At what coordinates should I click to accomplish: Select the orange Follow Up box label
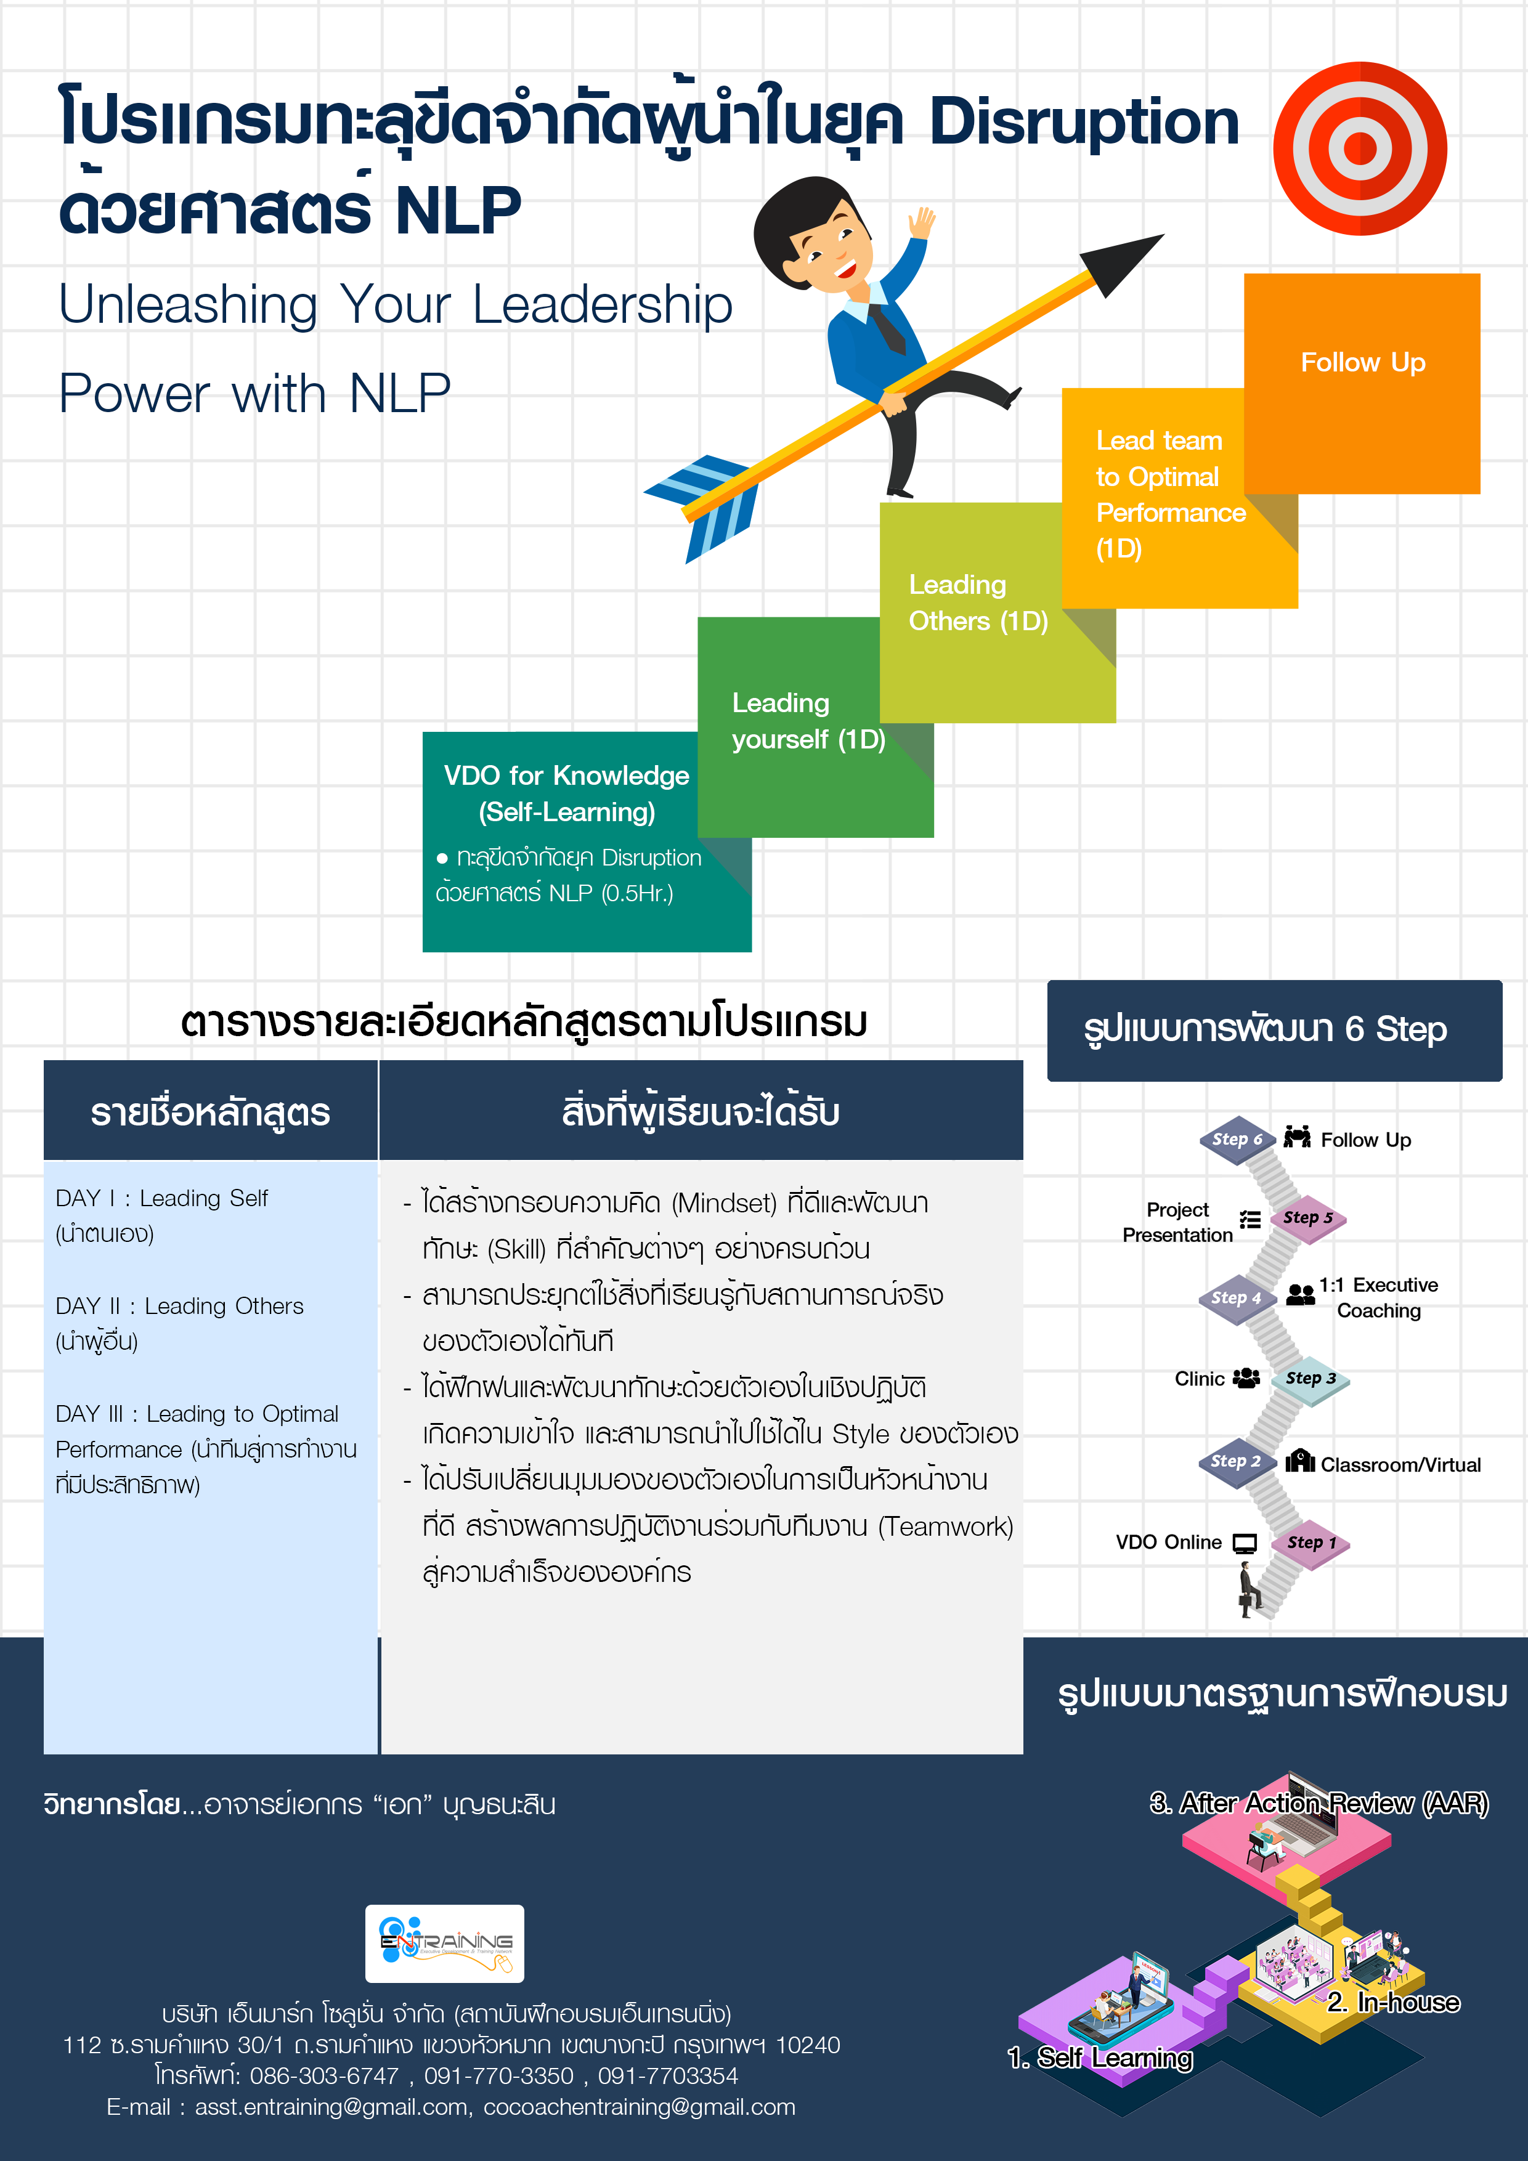pos(1362,362)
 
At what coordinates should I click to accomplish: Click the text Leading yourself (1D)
pos(808,721)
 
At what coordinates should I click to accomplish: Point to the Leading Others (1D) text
pos(977,602)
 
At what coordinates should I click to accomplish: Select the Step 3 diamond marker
pos(1309,1379)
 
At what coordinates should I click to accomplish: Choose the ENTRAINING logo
pos(444,1944)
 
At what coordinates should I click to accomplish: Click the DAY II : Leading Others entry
pos(179,1307)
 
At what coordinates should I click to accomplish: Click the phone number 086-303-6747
pos(325,2076)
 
